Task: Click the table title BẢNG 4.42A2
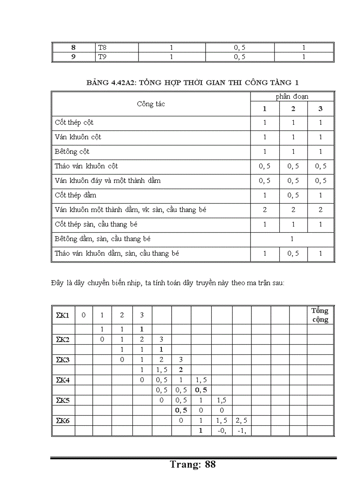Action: [193, 83]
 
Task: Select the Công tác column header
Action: [151, 104]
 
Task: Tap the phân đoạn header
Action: [292, 97]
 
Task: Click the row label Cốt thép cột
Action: [74, 122]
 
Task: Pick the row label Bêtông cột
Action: [72, 151]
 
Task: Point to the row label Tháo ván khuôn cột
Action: [86, 166]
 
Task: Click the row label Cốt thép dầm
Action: [75, 195]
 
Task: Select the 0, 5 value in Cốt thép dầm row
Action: [293, 195]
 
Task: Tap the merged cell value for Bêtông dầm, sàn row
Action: [292, 239]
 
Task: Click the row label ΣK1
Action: [63, 315]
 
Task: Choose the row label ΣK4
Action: [63, 380]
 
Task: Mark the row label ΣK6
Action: [63, 421]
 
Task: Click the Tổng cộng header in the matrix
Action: [320, 315]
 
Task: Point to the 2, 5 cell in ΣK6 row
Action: [241, 421]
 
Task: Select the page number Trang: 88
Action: [193, 464]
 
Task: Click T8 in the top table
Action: [102, 48]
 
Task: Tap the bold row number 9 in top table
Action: [74, 56]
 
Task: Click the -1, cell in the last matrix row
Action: [241, 431]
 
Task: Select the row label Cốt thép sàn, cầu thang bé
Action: [96, 224]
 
